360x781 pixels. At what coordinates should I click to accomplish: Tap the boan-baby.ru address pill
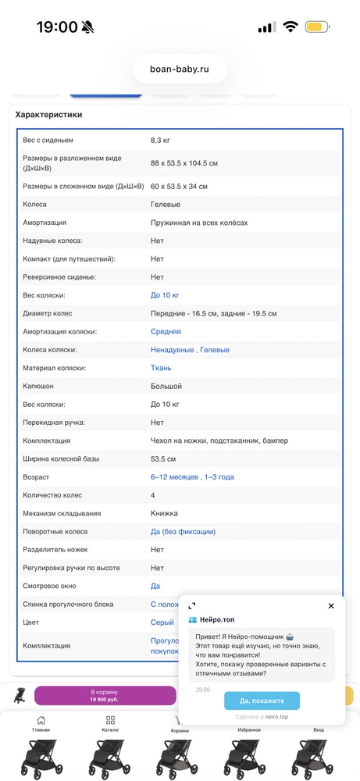(180, 69)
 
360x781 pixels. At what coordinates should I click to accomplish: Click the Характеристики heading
(48, 115)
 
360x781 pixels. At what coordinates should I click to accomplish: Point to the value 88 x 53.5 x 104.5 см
(184, 162)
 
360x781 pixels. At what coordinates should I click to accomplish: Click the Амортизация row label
(45, 223)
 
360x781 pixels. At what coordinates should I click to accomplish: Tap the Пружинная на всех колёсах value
(199, 223)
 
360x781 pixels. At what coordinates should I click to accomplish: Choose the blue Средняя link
(166, 332)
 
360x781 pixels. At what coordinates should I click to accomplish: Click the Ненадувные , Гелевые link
(184, 350)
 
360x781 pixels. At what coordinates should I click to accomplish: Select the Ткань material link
(161, 368)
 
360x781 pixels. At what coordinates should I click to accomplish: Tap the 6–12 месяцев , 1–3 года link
(192, 477)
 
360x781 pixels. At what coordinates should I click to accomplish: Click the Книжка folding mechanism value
(164, 513)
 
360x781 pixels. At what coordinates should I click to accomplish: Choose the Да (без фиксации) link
(183, 532)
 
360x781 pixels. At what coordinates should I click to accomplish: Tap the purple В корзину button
(105, 696)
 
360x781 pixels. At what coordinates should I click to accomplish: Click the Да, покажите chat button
(262, 701)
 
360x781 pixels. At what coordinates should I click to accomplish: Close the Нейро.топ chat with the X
(331, 606)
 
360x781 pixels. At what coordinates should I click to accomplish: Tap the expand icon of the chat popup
(192, 606)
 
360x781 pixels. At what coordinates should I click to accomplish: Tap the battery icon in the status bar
(317, 27)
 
